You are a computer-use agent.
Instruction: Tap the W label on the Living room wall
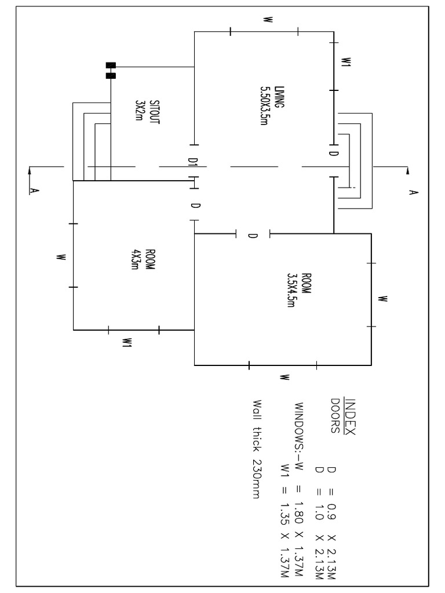pos(267,20)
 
